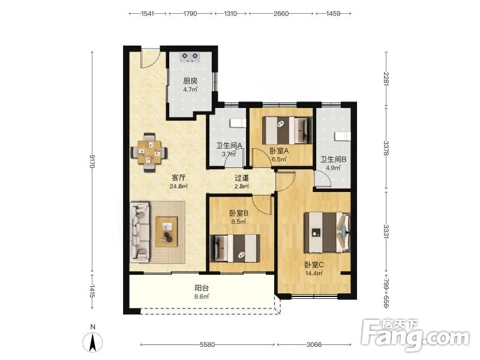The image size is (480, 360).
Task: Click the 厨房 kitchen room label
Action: tap(190, 81)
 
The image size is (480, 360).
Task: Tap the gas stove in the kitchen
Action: tap(190, 57)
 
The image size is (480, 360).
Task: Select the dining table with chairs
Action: tap(149, 152)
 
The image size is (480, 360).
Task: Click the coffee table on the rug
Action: tap(167, 232)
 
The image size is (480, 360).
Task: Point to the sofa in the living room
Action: tap(140, 232)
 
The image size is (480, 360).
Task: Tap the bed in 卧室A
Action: tap(287, 130)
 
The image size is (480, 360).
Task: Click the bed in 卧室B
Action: tap(235, 248)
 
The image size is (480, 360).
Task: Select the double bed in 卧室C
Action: tap(327, 232)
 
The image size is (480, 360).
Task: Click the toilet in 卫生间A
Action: tap(238, 123)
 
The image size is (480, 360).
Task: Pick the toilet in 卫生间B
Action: tap(342, 137)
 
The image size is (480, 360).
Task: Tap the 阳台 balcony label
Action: tap(202, 288)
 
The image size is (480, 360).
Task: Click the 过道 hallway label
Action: tap(242, 178)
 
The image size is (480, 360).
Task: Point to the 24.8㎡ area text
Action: tap(178, 186)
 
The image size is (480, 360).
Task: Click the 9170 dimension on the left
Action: tap(92, 161)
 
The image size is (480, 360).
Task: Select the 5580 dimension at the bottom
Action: tap(207, 344)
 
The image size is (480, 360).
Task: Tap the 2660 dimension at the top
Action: tap(281, 13)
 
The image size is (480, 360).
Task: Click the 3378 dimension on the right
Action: tap(386, 148)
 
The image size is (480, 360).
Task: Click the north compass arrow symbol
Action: tap(93, 341)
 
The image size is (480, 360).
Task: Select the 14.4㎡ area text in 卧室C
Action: tap(314, 274)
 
